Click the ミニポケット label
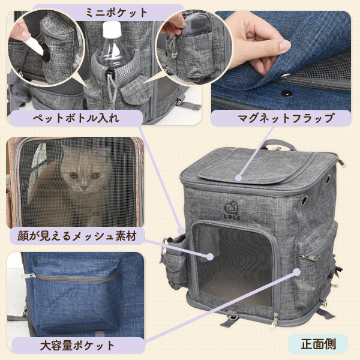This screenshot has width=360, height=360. click(x=116, y=13)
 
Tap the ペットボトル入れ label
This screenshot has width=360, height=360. click(x=76, y=118)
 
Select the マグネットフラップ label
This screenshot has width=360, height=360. click(x=286, y=118)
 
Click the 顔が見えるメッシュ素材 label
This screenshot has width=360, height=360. click(x=77, y=236)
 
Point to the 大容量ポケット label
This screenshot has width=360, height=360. click(x=77, y=346)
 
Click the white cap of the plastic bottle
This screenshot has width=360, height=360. click(x=112, y=29)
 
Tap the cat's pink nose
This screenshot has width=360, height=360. click(x=84, y=188)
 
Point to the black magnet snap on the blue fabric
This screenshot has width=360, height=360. click(x=287, y=93)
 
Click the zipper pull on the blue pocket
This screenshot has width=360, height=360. click(x=29, y=275)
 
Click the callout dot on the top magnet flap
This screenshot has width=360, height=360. click(x=239, y=178)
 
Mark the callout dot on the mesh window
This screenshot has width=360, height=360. click(x=209, y=257)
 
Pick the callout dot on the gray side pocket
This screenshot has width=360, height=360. click(x=296, y=272)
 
